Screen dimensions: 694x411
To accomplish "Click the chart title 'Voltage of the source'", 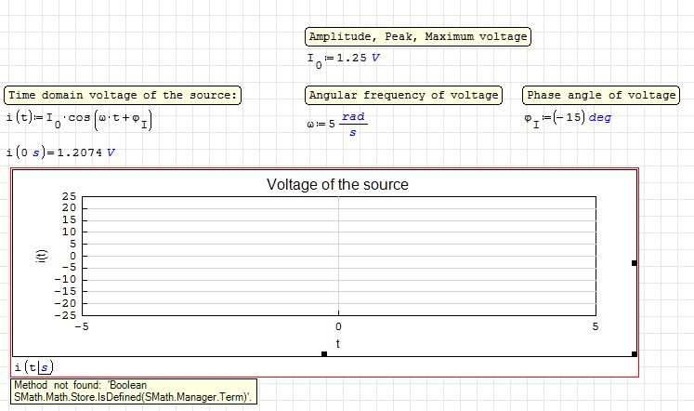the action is [337, 184].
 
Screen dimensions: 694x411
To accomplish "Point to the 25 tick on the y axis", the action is [69, 196].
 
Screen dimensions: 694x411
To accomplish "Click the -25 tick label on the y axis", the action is [65, 315].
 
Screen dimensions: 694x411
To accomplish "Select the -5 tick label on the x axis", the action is [82, 327].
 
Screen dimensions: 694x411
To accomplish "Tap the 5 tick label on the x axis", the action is [596, 327].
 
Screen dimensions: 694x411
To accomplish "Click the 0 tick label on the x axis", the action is [338, 327].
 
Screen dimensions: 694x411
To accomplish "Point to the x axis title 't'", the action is [337, 344].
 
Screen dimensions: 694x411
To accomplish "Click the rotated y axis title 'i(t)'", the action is [42, 256].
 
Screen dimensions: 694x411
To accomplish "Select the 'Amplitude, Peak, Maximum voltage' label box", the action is [418, 36].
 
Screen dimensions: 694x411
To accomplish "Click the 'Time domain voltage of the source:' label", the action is [123, 95].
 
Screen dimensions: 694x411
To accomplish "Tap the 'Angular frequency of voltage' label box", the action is [403, 95].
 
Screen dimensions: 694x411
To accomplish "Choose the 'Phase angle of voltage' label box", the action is [600, 95].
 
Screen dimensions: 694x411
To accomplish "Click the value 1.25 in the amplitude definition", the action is [351, 58].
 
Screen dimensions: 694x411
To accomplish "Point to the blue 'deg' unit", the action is [600, 117].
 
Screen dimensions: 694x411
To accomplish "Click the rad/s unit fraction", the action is [353, 125].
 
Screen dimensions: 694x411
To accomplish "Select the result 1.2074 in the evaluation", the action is [79, 152].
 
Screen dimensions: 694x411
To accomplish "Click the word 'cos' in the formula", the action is [79, 118].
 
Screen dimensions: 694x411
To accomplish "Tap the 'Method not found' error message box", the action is [133, 391].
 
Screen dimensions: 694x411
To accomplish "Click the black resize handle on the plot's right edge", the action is [635, 263].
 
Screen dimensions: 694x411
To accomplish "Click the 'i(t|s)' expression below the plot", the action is [33, 367].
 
